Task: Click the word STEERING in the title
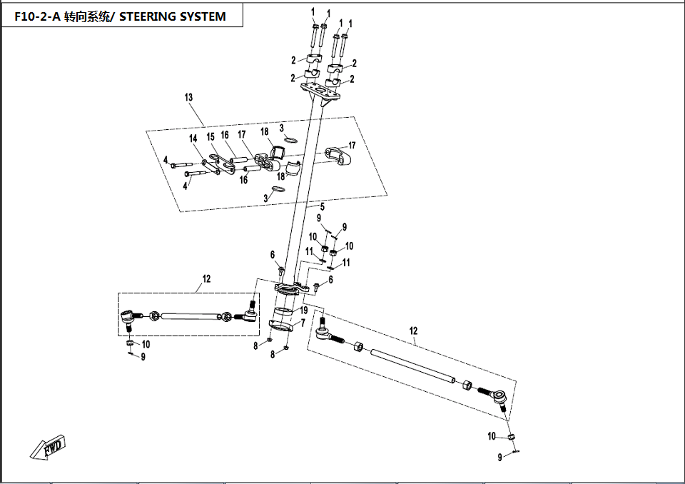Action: (147, 16)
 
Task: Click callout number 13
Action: (188, 97)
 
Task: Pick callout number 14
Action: (193, 138)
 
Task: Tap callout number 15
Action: (210, 137)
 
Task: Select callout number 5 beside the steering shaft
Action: (323, 207)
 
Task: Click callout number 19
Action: (304, 311)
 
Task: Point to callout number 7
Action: (303, 323)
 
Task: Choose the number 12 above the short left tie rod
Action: (207, 279)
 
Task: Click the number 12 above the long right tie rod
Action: (413, 331)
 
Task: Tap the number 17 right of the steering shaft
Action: (352, 146)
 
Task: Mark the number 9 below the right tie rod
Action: (500, 458)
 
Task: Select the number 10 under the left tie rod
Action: (146, 345)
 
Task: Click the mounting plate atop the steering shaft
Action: (320, 93)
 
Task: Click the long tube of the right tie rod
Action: (413, 366)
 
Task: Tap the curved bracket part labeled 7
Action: (282, 326)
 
